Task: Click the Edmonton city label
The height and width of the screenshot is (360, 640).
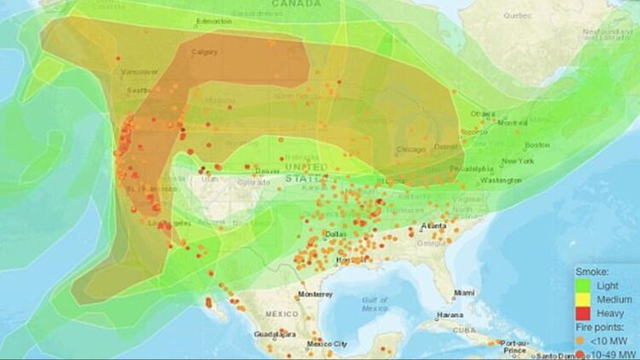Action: click(x=214, y=21)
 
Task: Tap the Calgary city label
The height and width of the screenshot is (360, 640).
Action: click(x=204, y=52)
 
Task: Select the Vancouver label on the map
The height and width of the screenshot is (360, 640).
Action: click(x=139, y=72)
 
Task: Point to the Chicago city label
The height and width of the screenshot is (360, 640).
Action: click(x=411, y=149)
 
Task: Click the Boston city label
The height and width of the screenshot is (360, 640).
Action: click(x=537, y=145)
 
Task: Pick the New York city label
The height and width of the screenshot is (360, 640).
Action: click(x=517, y=161)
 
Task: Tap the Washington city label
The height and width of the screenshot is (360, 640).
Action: click(x=501, y=180)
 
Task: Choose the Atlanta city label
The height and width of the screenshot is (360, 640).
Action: click(x=433, y=226)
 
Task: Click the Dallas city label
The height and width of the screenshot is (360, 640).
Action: click(x=335, y=234)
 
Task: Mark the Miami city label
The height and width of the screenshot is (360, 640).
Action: click(x=464, y=292)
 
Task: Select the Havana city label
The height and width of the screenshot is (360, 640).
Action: click(x=449, y=315)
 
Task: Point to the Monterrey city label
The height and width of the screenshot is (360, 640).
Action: click(x=315, y=294)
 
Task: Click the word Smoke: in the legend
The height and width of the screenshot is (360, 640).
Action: click(x=591, y=272)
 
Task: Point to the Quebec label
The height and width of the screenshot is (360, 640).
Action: click(x=517, y=15)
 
